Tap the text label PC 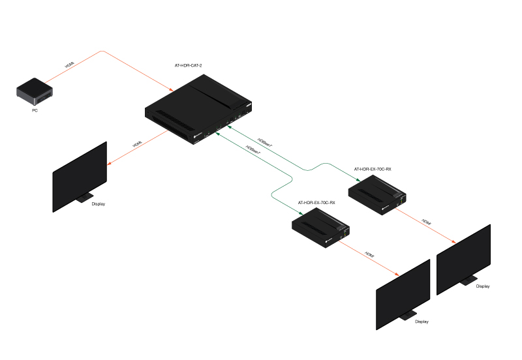click(35, 110)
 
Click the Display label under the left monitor click(99, 204)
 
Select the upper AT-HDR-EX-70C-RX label click(373, 169)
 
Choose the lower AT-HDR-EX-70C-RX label click(316, 203)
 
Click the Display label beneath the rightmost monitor click(482, 286)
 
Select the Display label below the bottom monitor click(422, 321)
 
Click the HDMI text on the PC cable click(70, 65)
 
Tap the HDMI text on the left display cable click(137, 143)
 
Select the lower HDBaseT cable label click(253, 149)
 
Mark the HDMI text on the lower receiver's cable click(369, 255)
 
